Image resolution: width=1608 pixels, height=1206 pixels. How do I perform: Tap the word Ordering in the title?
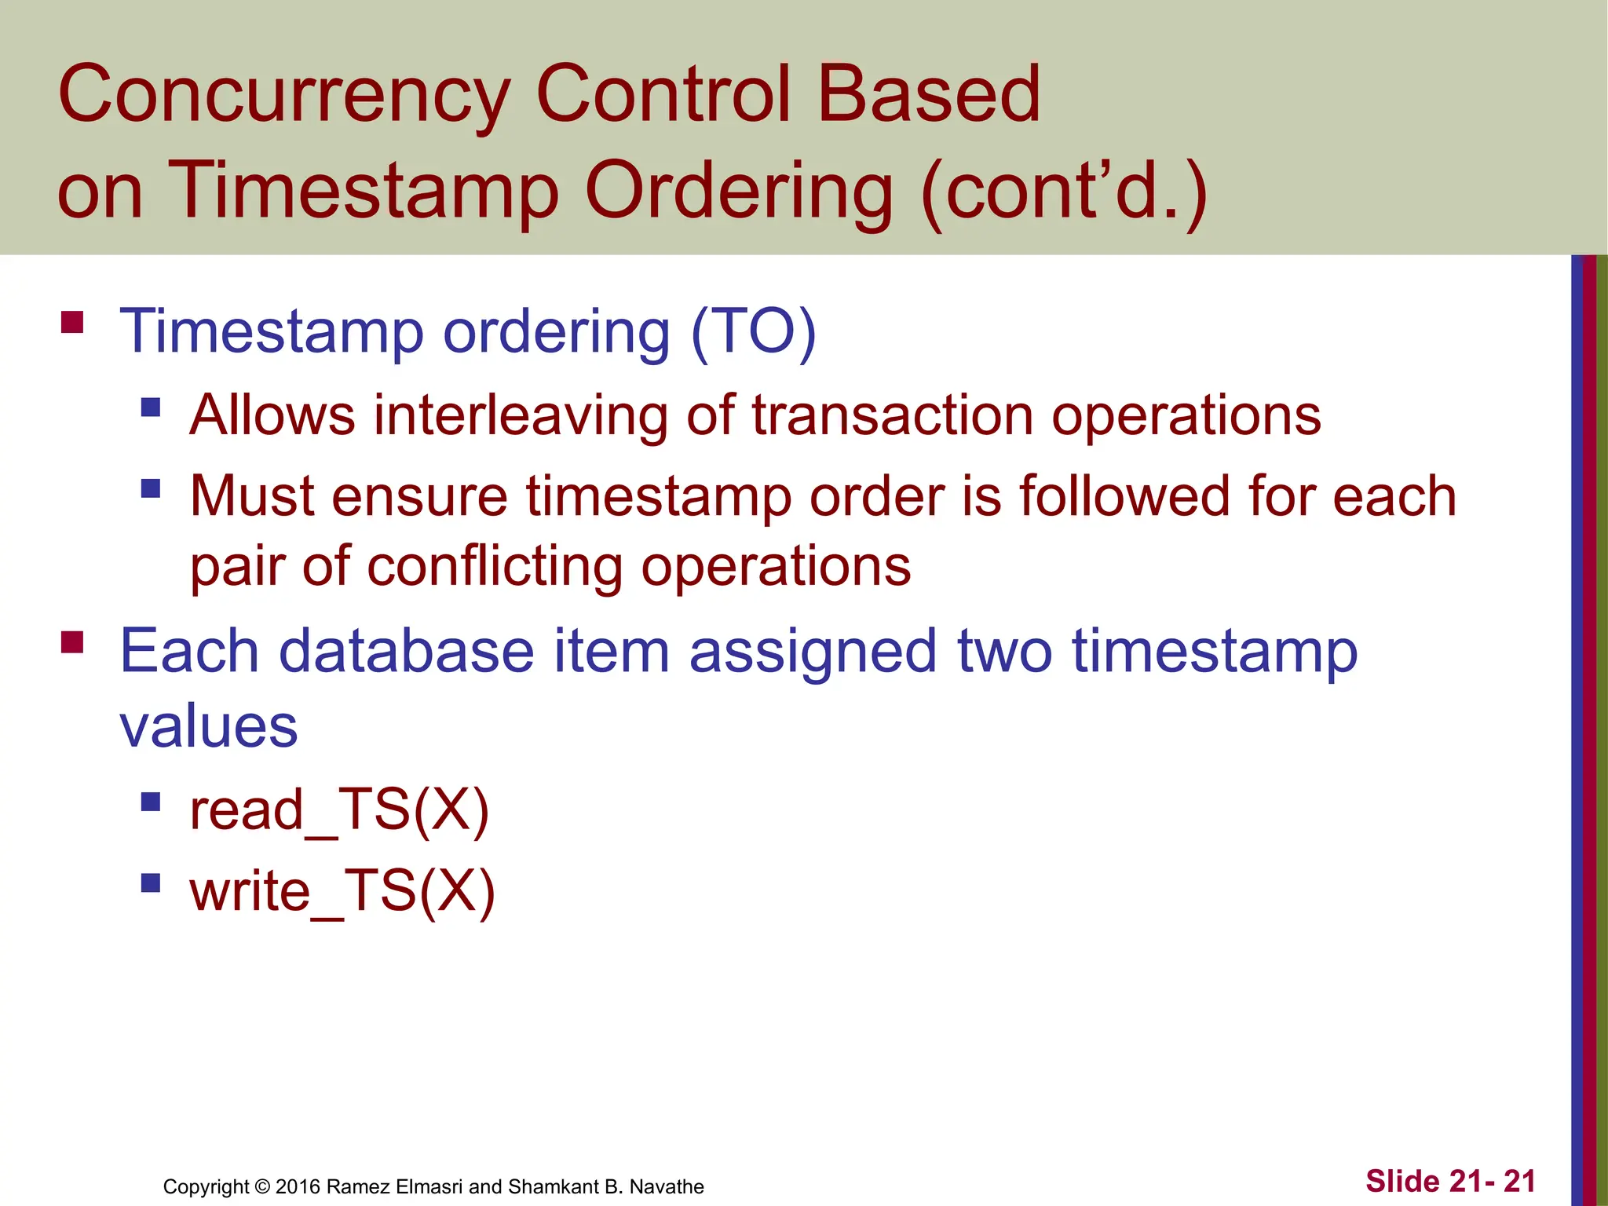[x=738, y=191]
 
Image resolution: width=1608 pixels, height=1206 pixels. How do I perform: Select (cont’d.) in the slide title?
[x=1064, y=191]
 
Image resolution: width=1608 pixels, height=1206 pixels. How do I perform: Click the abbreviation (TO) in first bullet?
[x=754, y=331]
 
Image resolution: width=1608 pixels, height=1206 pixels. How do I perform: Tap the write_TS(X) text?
[x=342, y=891]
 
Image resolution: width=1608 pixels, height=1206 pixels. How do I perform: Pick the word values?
[x=209, y=726]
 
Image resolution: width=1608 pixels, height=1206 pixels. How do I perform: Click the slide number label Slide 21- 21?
[x=1450, y=1180]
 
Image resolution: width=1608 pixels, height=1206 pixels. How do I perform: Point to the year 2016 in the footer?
[x=298, y=1186]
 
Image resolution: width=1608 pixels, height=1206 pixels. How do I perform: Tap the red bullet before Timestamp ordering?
[x=72, y=323]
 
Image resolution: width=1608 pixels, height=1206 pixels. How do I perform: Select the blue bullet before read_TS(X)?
[x=151, y=802]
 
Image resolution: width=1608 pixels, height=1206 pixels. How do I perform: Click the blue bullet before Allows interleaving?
[x=151, y=407]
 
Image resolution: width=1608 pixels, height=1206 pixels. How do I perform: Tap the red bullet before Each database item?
[x=72, y=643]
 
